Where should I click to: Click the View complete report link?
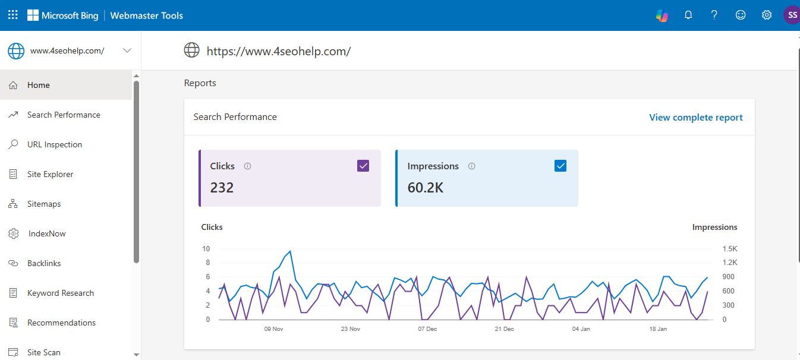point(695,118)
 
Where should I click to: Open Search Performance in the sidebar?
point(63,115)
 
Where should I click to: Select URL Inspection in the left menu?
point(54,144)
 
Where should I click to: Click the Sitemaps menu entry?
point(44,204)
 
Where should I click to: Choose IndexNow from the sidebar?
point(46,233)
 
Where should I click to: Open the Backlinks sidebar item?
point(44,263)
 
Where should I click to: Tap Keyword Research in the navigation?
point(60,293)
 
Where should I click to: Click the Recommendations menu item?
point(61,323)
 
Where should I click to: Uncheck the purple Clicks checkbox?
point(363,166)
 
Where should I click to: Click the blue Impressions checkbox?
point(560,166)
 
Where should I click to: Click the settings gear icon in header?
point(767,15)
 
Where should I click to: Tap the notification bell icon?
point(688,15)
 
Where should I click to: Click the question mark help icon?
point(714,15)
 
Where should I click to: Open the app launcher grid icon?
point(12,15)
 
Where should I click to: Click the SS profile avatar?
point(792,15)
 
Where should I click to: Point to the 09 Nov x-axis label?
point(273,329)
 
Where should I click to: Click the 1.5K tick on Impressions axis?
point(730,248)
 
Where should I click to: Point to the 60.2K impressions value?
point(425,188)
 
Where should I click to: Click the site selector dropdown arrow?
point(127,50)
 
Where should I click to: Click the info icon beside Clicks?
point(248,166)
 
